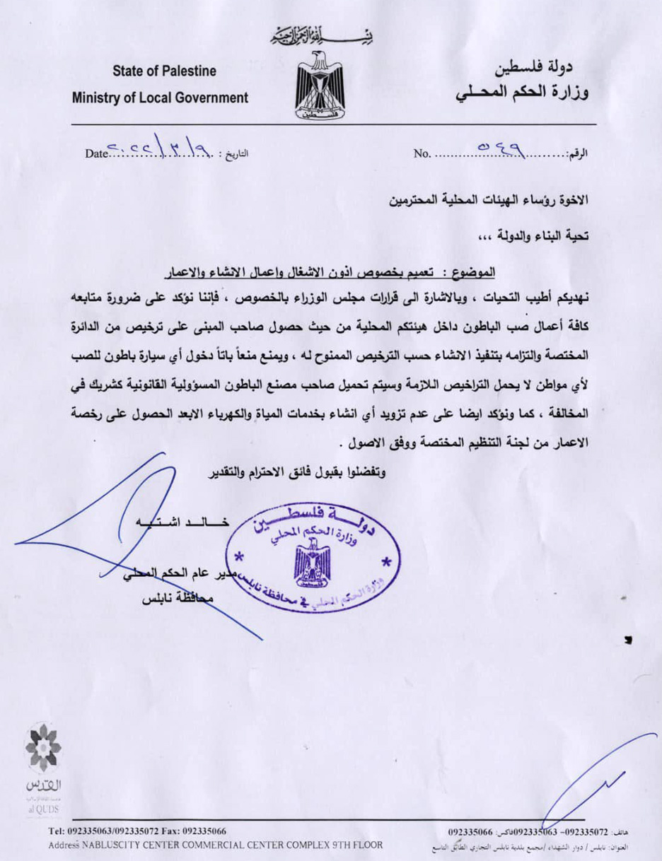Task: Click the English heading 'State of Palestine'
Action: (163, 71)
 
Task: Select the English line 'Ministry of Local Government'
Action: (161, 98)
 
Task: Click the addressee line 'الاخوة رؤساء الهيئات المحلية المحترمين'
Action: (489, 200)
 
